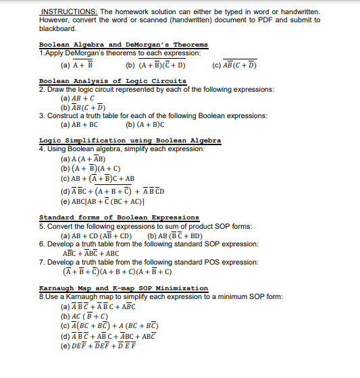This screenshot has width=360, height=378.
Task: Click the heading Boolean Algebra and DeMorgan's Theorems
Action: click(123, 45)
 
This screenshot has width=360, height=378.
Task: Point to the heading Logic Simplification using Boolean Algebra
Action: click(130, 140)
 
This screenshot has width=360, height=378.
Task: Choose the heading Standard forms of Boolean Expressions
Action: click(119, 217)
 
